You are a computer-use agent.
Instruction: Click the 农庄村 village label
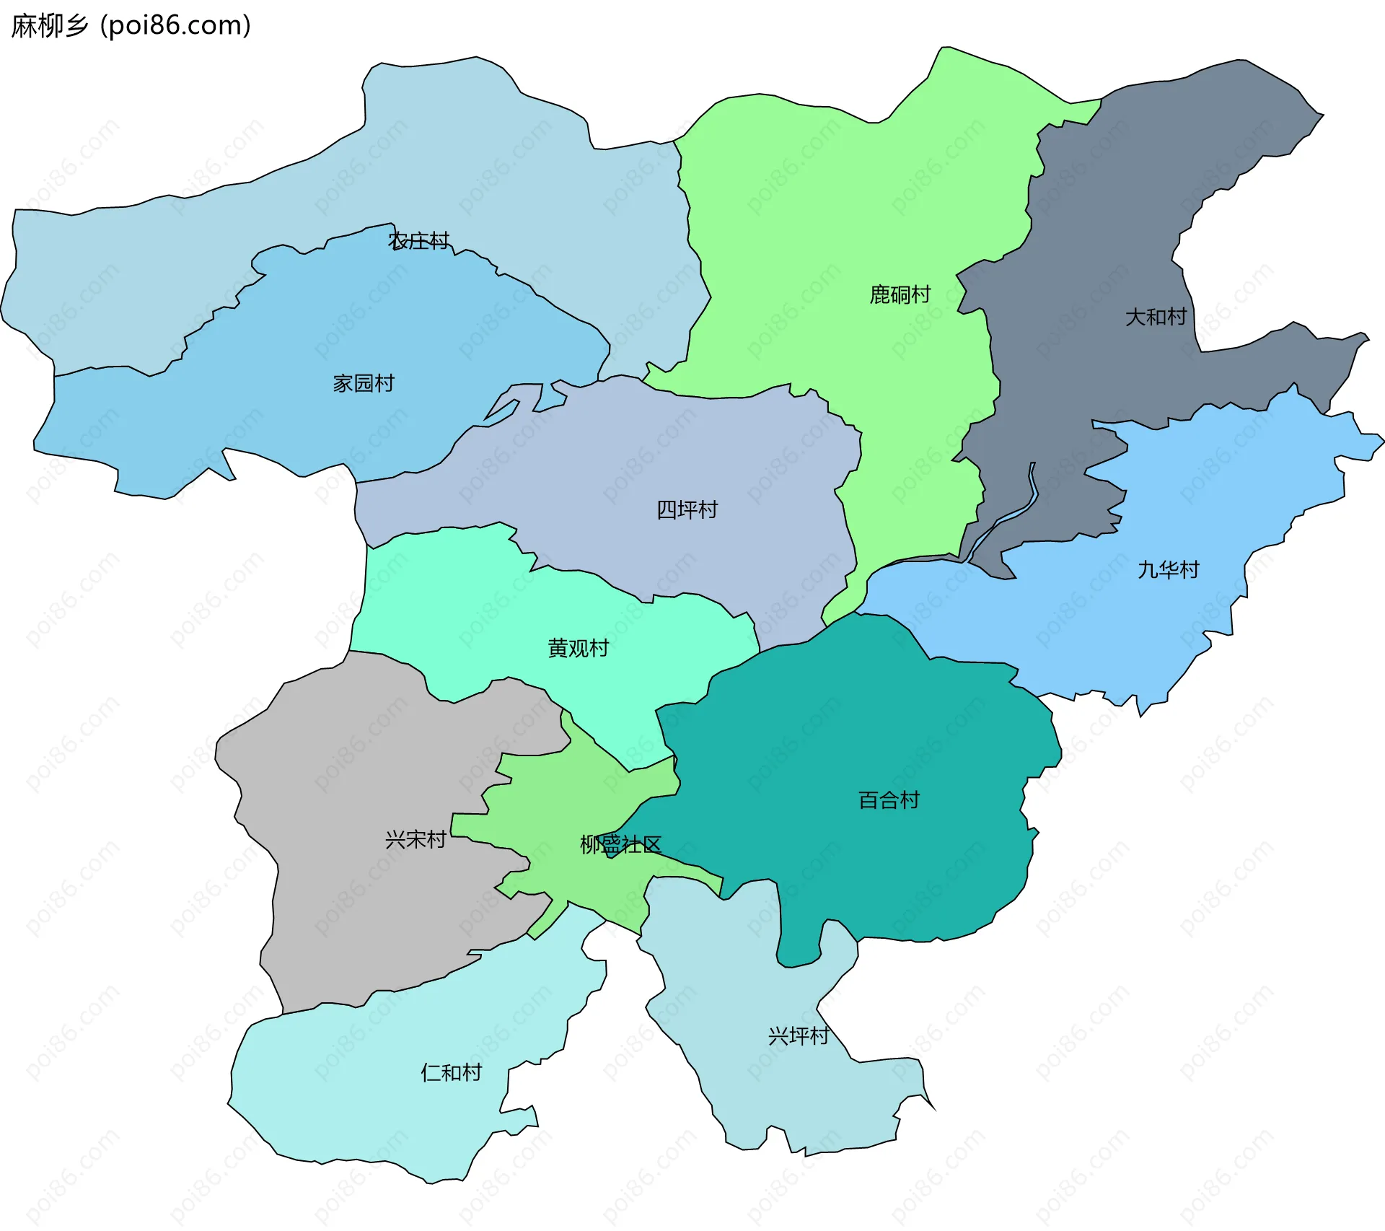418,241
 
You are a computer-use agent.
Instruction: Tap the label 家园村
364,383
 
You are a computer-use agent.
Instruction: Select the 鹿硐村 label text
900,294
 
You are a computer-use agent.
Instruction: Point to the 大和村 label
1156,317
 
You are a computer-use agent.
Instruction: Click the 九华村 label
1168,570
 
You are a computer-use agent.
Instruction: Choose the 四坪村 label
687,510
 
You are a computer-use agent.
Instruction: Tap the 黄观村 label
578,649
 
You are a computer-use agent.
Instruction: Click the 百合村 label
889,800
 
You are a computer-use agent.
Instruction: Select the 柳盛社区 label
620,845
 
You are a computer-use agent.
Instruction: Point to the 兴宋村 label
415,839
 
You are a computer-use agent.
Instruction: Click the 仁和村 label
451,1073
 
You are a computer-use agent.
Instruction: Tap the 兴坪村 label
799,1036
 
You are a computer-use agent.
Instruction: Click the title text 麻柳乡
49,26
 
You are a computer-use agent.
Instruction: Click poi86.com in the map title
175,26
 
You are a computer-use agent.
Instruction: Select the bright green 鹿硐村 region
830,216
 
